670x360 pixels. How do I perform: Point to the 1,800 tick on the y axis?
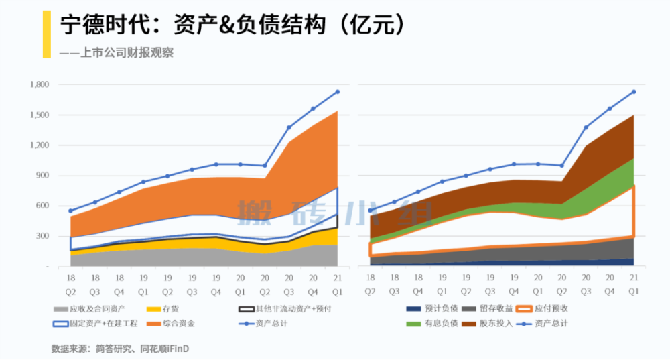coord(40,85)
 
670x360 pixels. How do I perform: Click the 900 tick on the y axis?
coord(43,176)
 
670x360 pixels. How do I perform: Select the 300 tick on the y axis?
coord(43,236)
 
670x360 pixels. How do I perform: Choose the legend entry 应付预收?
coord(560,309)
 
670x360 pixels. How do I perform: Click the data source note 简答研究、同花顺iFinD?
coord(145,349)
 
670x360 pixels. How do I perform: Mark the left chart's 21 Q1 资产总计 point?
coord(338,92)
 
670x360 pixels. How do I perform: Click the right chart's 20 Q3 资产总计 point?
coord(586,127)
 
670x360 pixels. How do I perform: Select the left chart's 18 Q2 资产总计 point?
coord(70,211)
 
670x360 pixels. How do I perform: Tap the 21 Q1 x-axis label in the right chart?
coord(634,284)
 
